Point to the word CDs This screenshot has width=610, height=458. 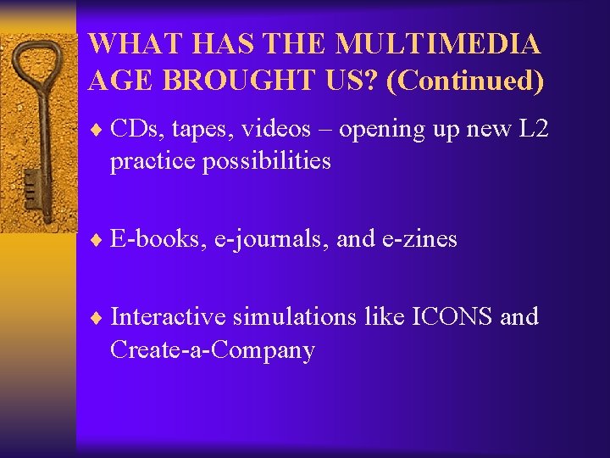click(132, 129)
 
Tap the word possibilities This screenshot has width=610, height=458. click(266, 161)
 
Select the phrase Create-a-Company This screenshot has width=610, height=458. click(212, 350)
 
